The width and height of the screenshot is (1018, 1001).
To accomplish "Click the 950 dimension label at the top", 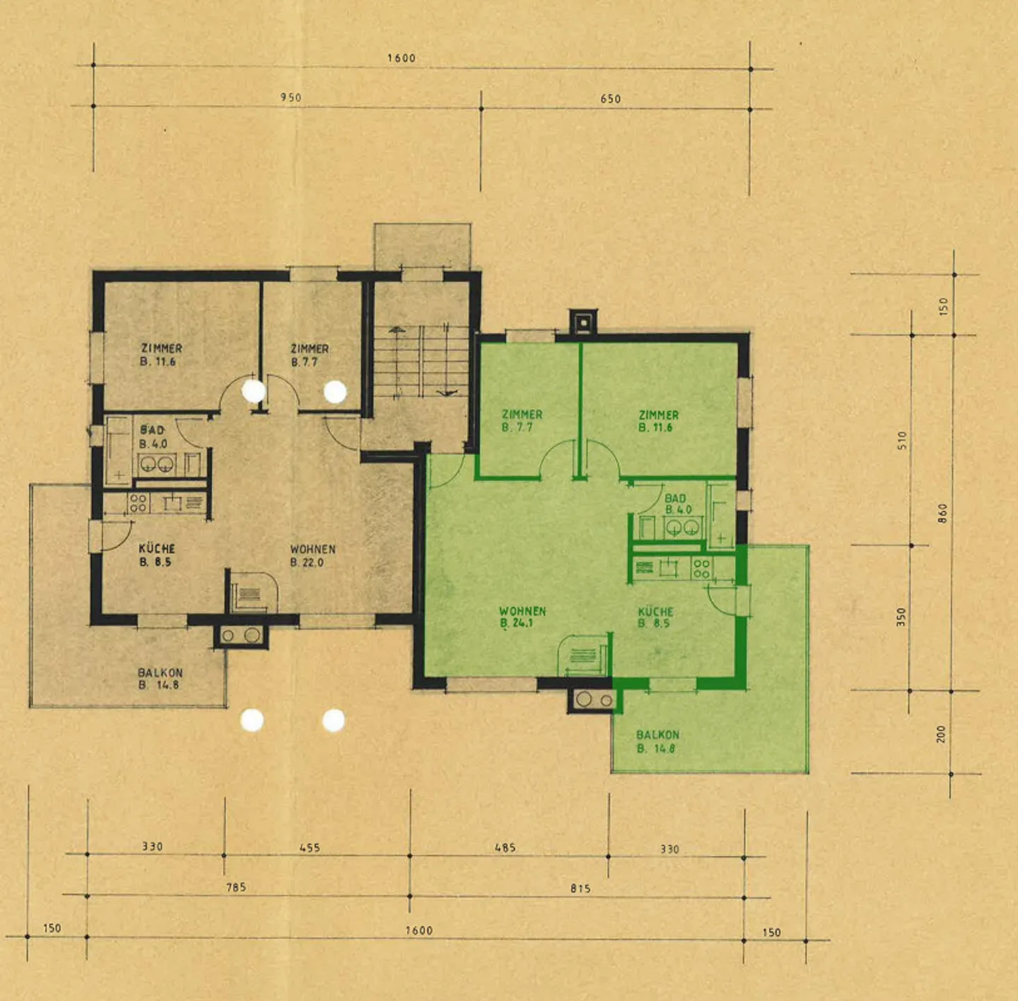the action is [291, 97].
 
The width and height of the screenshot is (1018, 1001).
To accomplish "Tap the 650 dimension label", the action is [611, 99].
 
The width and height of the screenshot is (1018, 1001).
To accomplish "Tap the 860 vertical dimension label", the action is [943, 514].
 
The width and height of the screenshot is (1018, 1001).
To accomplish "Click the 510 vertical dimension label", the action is [902, 440].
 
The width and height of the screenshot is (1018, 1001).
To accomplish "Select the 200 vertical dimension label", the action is [941, 735].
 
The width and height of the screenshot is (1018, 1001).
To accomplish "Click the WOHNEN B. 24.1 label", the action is [522, 617].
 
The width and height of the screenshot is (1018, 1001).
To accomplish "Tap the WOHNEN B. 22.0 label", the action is [312, 556].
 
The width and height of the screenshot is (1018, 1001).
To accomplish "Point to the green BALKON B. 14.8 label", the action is [657, 741].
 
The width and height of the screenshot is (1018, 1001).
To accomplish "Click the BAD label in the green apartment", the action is [675, 499].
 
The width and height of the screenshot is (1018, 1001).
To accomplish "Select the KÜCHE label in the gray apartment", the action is [157, 549].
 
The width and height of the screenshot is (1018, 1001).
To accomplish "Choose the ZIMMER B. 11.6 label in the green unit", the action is [658, 421].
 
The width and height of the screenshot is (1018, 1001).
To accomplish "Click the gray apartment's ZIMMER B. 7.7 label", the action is [310, 355].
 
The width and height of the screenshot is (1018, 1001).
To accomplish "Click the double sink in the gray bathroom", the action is [158, 464].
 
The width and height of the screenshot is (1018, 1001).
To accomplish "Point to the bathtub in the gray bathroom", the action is [119, 451].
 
